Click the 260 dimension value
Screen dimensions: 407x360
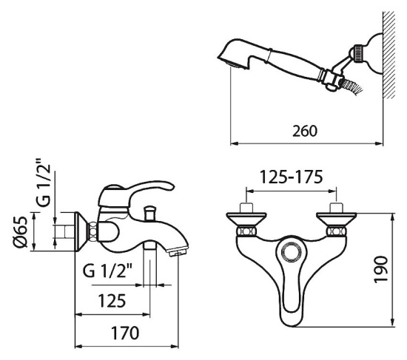pos(305,131)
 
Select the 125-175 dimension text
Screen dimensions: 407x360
pos(292,177)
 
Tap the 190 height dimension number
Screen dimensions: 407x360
pos(381,269)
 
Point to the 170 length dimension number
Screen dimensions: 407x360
pos(125,333)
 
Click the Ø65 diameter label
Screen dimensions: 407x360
pos(21,231)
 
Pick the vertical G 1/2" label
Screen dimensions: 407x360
pos(43,182)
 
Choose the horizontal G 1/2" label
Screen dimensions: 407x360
pos(107,271)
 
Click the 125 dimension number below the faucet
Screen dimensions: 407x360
pos(112,300)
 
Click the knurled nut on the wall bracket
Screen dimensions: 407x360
pos(358,53)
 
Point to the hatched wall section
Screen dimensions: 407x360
pos(389,55)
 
